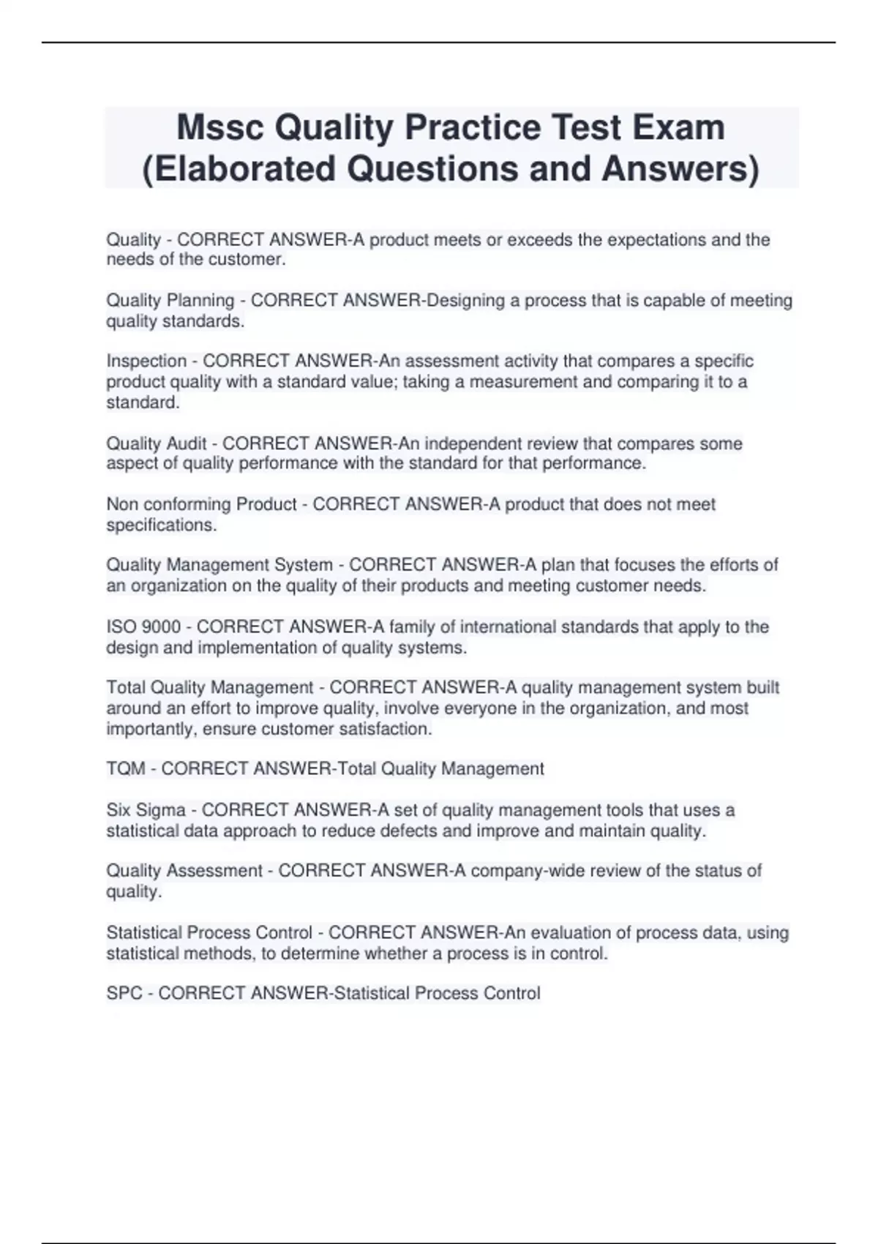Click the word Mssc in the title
coord(219,128)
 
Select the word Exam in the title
coord(678,128)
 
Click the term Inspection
coord(146,361)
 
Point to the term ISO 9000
coord(143,627)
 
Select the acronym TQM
coord(126,769)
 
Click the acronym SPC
coord(124,994)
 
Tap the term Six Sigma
coord(146,811)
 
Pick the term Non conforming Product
coord(201,505)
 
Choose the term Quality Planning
coord(170,301)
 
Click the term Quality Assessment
coord(184,871)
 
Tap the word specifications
coord(161,525)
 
